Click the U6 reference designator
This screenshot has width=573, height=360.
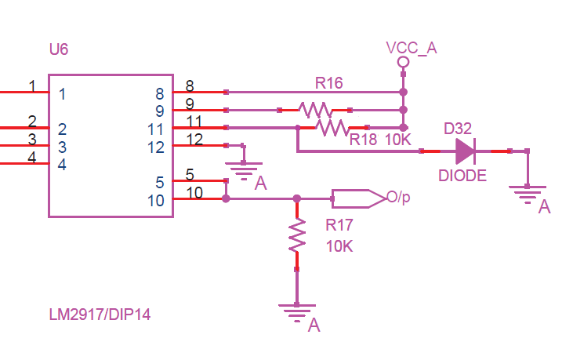point(58,49)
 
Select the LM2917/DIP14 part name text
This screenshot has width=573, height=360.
point(100,315)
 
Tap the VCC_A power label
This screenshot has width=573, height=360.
point(411,48)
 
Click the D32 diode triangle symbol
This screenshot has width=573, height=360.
point(464,151)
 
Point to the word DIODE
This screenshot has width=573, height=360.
point(462,176)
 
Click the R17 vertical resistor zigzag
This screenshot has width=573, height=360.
point(296,235)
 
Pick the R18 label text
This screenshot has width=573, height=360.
point(364,140)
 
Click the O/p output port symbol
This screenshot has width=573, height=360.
point(357,198)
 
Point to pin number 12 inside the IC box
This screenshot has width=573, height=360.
point(157,147)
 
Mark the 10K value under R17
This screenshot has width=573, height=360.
point(339,245)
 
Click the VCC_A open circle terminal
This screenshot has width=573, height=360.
point(403,62)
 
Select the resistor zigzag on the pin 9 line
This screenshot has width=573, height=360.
point(314,109)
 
